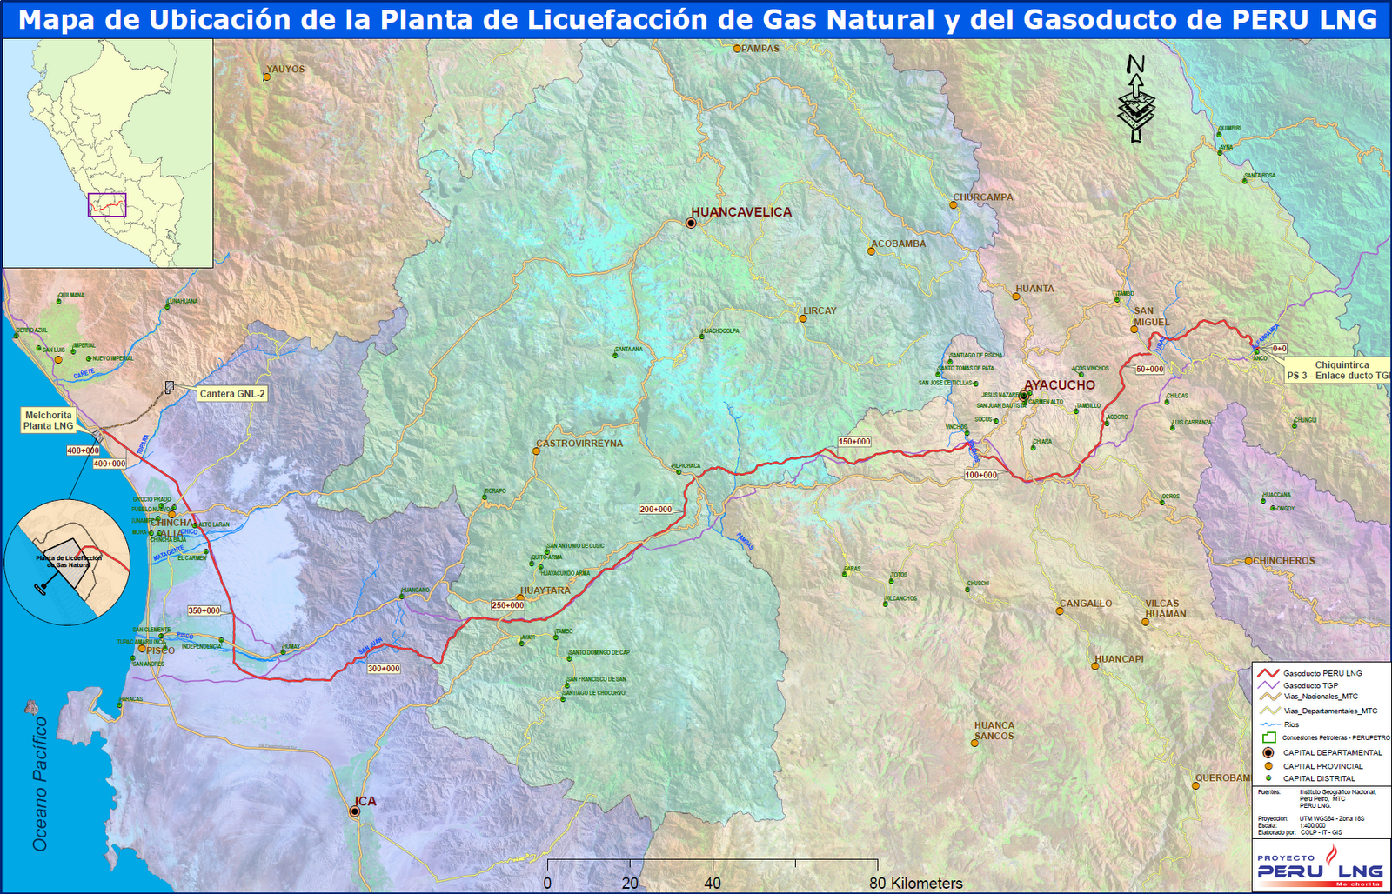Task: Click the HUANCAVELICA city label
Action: [x=741, y=212]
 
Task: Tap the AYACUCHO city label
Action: [x=1060, y=385]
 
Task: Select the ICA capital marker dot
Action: [x=355, y=811]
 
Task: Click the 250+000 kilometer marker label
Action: [x=508, y=605]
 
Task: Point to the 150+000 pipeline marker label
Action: [x=854, y=442]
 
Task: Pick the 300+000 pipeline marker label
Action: [x=384, y=669]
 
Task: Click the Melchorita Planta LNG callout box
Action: [x=49, y=421]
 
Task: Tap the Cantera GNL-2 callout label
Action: [x=232, y=394]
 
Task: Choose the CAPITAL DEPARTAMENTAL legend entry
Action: [x=1332, y=753]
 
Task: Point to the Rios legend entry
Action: [x=1291, y=724]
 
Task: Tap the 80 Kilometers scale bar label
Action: [x=916, y=884]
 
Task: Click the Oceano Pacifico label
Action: [x=40, y=784]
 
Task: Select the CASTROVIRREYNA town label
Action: [x=579, y=444]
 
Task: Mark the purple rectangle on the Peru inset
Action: [x=107, y=205]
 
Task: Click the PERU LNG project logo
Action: [x=1320, y=865]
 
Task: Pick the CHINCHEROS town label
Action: [x=1283, y=561]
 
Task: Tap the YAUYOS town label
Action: [x=285, y=70]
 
